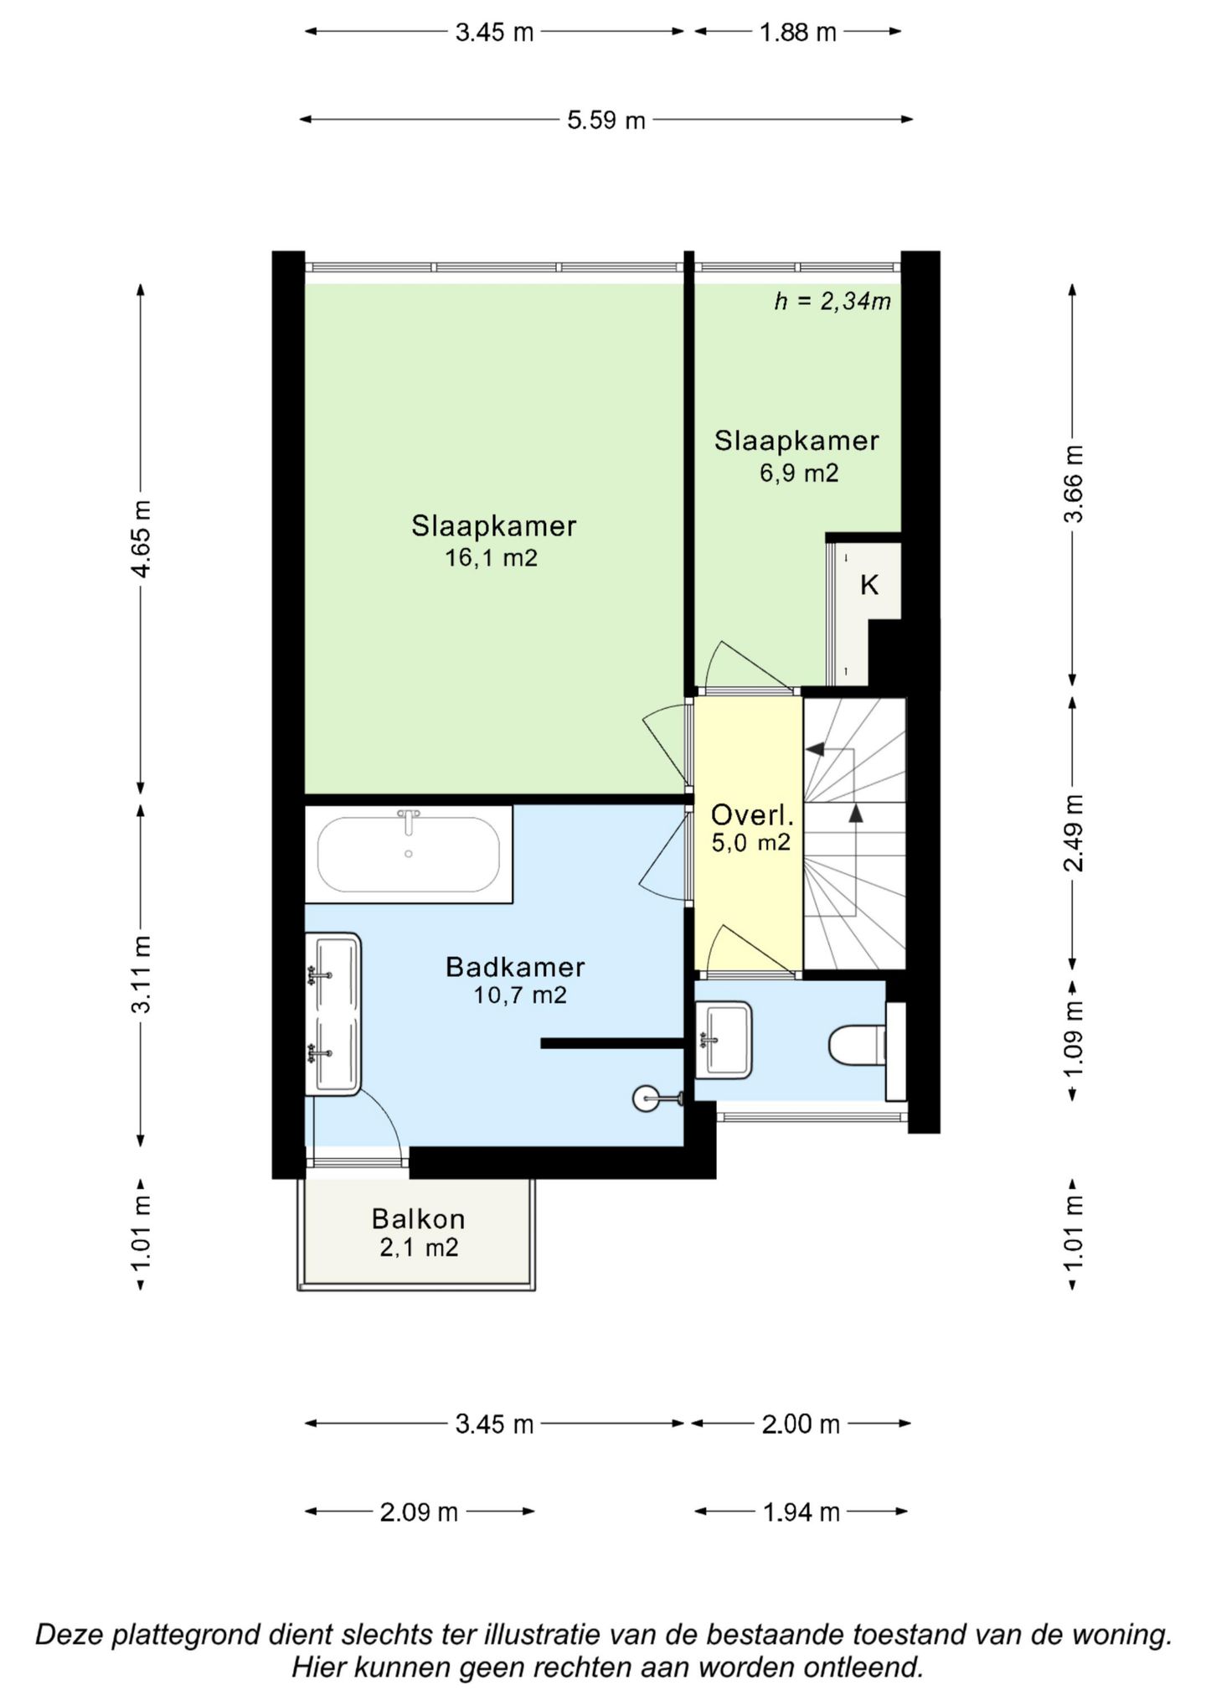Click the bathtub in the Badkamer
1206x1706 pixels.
pyautogui.click(x=409, y=854)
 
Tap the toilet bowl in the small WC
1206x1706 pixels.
pyautogui.click(x=857, y=1045)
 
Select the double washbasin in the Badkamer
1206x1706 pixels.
pyautogui.click(x=332, y=1014)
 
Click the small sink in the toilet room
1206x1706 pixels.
pyautogui.click(x=724, y=1040)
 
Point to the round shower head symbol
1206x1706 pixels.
pyautogui.click(x=647, y=1098)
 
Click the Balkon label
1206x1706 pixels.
pyautogui.click(x=418, y=1218)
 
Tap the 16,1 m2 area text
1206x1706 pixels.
pyautogui.click(x=491, y=557)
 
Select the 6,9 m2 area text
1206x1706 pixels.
pyautogui.click(x=798, y=473)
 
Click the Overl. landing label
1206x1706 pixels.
pyautogui.click(x=751, y=814)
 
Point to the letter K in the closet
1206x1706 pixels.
pyautogui.click(x=869, y=585)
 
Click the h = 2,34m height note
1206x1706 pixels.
pyautogui.click(x=832, y=302)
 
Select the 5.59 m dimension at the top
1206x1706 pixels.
pyautogui.click(x=606, y=121)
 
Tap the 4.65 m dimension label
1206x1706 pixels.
pyautogui.click(x=141, y=539)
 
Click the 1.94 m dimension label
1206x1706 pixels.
pyautogui.click(x=801, y=1512)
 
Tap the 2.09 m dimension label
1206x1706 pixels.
pyautogui.click(x=419, y=1512)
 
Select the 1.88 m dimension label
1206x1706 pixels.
pyautogui.click(x=797, y=33)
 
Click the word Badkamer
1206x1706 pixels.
pyautogui.click(x=515, y=967)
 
